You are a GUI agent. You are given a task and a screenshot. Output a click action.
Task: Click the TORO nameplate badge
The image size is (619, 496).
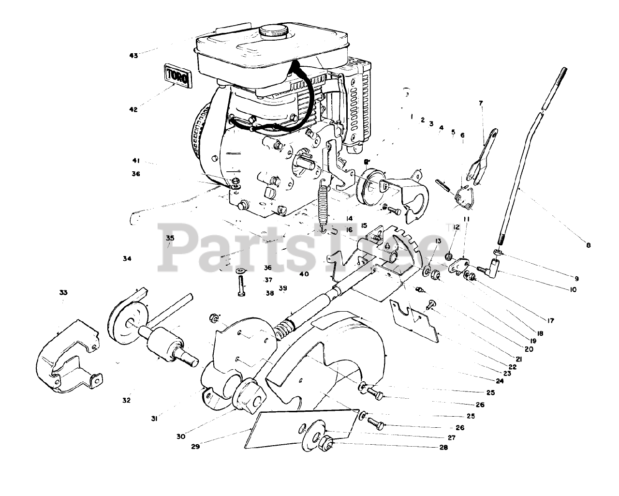click(177, 75)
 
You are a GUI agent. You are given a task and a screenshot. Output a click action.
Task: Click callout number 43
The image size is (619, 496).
click(134, 56)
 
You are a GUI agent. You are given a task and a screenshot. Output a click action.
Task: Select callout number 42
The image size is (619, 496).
click(133, 109)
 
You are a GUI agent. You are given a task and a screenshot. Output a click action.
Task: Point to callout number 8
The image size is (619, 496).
click(589, 245)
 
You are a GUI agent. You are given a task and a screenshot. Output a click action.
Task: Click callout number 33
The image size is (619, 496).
click(63, 292)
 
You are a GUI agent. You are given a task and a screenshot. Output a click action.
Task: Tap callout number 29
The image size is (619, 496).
click(195, 447)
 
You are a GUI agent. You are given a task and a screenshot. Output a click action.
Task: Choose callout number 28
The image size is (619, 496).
click(444, 447)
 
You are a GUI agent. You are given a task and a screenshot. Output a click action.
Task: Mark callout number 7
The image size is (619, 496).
click(481, 103)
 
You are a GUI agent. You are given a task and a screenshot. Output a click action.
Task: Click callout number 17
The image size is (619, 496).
click(550, 321)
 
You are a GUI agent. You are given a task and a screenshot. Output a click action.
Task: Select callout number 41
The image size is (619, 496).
click(136, 161)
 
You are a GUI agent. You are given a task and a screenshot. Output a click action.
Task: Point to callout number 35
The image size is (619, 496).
click(170, 238)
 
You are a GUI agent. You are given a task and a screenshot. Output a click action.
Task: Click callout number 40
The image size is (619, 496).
click(304, 274)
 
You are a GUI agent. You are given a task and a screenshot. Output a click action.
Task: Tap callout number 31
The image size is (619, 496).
click(154, 419)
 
